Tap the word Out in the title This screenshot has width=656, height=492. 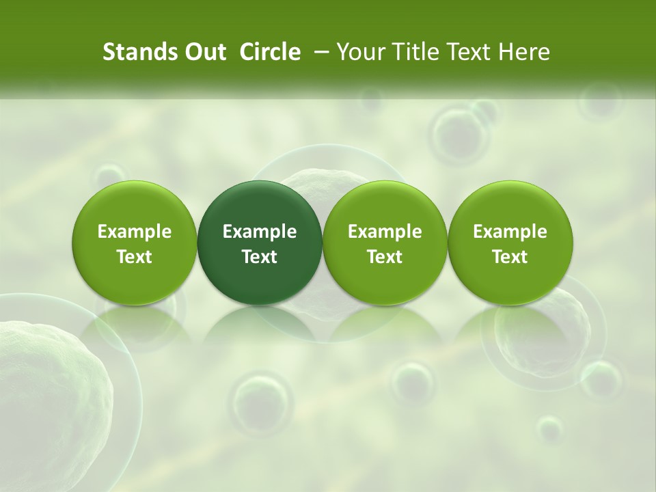204,52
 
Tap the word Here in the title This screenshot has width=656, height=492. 523,52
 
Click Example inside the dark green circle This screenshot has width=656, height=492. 260,232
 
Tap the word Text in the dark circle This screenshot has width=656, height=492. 260,257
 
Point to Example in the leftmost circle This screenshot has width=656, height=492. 135,232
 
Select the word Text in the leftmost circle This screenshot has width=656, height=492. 135,257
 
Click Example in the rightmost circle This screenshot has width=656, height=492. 510,232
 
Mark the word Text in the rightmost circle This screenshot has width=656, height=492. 510,257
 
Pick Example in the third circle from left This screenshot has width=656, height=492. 385,232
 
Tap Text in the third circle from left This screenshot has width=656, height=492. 385,257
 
